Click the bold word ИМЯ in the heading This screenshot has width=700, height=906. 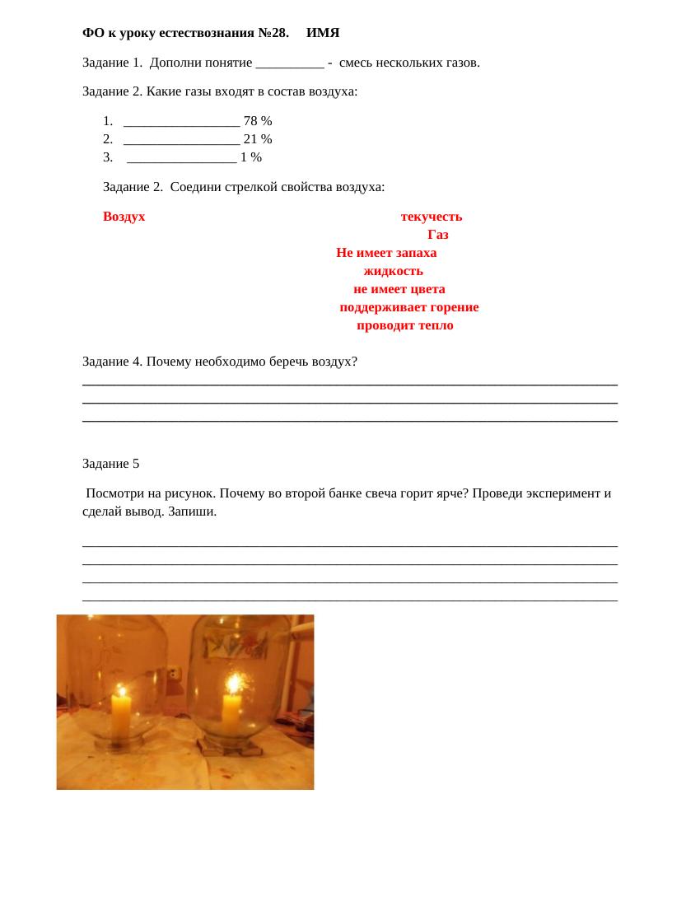click(323, 33)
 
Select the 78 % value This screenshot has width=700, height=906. click(258, 121)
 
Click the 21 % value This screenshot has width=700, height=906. click(258, 139)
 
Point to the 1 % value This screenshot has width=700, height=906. click(251, 157)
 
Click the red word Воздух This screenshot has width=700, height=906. click(124, 217)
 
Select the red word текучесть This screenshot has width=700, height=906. click(432, 217)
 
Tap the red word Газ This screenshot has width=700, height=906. click(438, 235)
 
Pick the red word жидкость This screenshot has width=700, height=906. click(394, 271)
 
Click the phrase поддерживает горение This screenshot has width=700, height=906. click(409, 307)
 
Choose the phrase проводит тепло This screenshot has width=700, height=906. click(405, 325)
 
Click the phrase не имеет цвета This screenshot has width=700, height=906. click(399, 289)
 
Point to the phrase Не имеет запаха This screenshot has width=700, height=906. click(386, 253)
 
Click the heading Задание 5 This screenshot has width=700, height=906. click(111, 464)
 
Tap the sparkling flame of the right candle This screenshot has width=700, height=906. click(234, 684)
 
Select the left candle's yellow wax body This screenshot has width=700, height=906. click(121, 717)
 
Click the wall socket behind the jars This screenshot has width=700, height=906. click(175, 674)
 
